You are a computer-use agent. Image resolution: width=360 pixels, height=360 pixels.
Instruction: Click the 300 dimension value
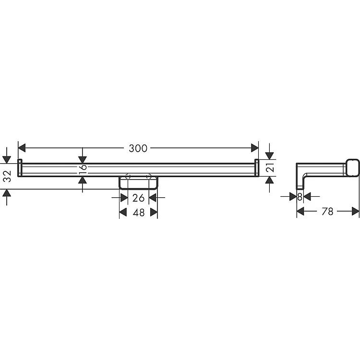[x=138, y=148]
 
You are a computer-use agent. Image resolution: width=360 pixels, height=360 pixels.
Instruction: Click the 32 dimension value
[x=8, y=176]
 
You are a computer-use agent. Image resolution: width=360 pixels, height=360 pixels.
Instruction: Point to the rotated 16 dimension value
[x=83, y=167]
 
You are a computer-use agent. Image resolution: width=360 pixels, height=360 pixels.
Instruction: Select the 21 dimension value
[x=271, y=168]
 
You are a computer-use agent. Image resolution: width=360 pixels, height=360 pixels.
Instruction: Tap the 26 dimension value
[x=138, y=198]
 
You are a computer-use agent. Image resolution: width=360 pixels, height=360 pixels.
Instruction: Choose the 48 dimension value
[x=139, y=213]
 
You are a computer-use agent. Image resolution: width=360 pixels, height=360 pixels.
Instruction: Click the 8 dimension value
[x=300, y=197]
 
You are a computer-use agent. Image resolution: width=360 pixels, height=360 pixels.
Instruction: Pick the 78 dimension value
[x=327, y=212]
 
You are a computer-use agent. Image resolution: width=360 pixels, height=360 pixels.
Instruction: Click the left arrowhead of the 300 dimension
[x=22, y=148]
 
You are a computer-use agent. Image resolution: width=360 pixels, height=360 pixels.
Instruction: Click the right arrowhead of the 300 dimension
[x=255, y=148]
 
